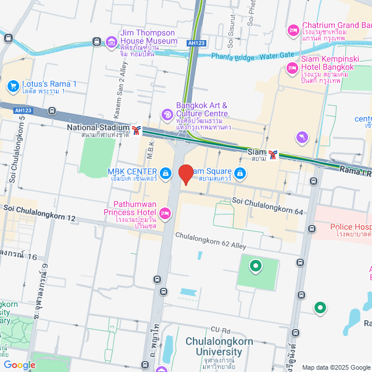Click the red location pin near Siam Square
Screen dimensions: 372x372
pos(185,174)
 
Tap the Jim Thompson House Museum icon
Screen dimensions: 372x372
pos(111,41)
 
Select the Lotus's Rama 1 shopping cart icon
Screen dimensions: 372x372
pos(13,86)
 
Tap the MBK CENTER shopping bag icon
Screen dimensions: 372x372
pos(166,173)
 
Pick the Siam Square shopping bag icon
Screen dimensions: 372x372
pos(239,173)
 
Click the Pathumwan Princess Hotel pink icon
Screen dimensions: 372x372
pos(165,214)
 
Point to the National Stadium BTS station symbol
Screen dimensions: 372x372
pos(137,130)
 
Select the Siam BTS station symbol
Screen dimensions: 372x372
pos(273,155)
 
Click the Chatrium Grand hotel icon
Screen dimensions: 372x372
pos(293,30)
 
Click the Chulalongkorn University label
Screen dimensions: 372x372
pos(214,346)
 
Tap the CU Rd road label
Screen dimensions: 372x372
pos(221,330)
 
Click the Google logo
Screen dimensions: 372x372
pos(19,365)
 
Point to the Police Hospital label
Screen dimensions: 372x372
pos(350,227)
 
